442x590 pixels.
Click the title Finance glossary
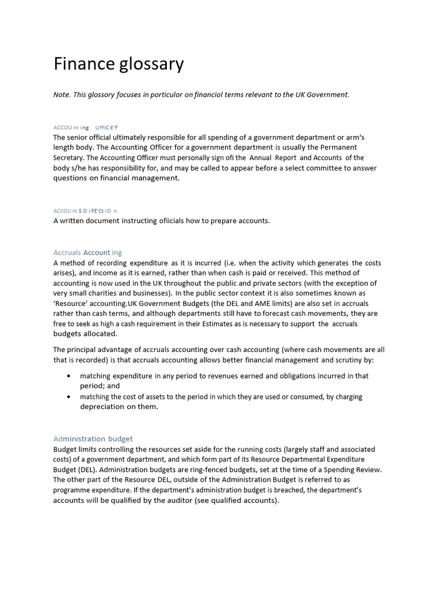coord(119,64)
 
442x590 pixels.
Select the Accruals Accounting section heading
coord(87,252)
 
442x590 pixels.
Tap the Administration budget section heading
coord(93,438)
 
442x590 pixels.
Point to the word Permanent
coord(335,147)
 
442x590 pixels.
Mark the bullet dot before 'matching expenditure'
coord(69,376)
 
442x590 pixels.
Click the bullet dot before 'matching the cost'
coord(69,397)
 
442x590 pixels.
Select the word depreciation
coord(102,407)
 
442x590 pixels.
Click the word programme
coord(75,490)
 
